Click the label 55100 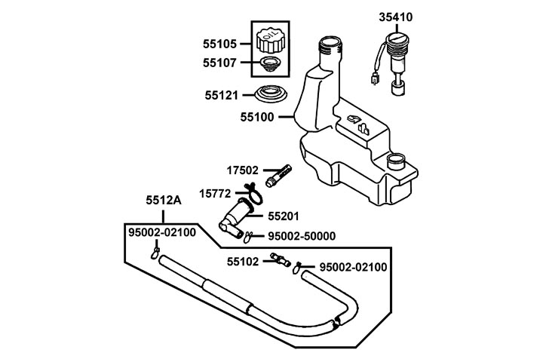pyautogui.click(x=257, y=117)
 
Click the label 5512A pyautogui.click(x=164, y=201)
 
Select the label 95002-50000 pyautogui.click(x=300, y=236)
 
